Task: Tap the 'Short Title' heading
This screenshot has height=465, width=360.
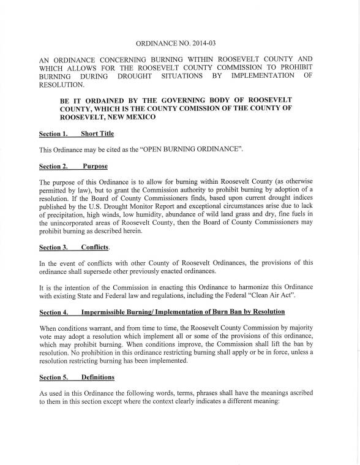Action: click(x=97, y=134)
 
